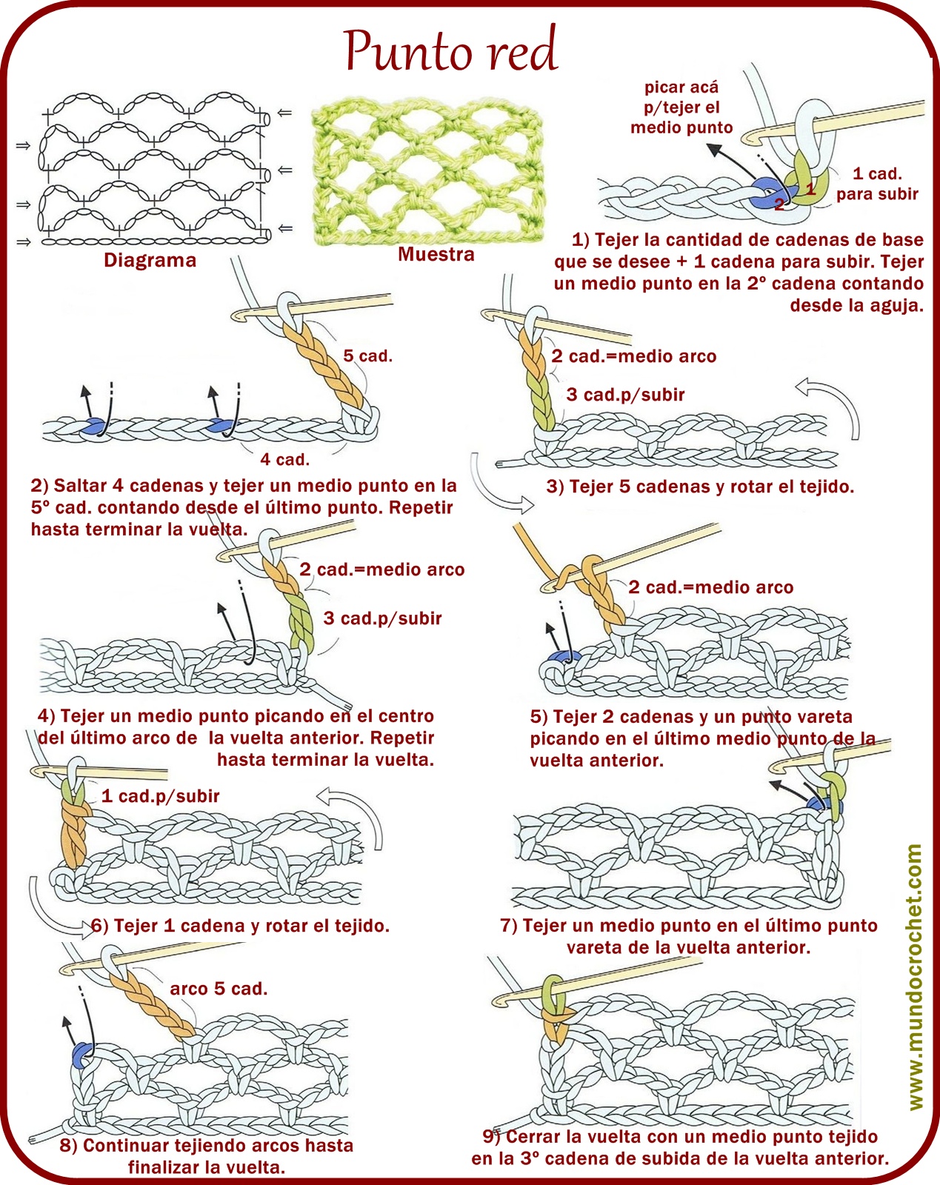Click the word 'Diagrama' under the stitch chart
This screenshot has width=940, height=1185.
150,261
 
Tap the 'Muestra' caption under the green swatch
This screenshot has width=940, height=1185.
436,255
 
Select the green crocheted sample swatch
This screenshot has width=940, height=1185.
427,173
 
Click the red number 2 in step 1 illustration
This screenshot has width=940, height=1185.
779,204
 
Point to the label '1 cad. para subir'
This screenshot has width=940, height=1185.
877,184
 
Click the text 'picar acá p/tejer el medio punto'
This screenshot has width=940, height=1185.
681,107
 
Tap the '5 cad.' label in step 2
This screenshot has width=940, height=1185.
367,356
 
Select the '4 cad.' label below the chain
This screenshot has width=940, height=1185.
284,460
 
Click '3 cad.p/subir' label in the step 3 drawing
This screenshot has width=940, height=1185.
625,395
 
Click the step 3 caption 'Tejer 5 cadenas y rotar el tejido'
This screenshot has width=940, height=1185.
700,487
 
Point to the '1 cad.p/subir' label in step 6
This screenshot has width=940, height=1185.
160,796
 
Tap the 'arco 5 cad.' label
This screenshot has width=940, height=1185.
219,989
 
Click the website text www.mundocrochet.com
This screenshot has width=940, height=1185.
915,978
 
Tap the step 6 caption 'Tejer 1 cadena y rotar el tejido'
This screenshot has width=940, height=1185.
240,926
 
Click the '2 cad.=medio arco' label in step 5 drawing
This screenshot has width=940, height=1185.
710,588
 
